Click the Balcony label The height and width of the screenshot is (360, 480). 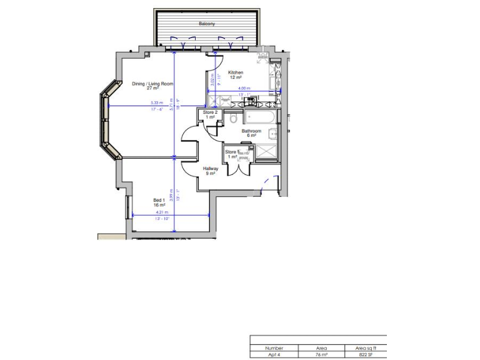click(x=207, y=24)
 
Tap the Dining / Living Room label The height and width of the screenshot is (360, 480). click(x=152, y=84)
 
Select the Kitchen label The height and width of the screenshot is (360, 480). click(x=236, y=72)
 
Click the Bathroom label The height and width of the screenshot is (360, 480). click(x=251, y=131)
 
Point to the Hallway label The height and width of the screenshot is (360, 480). click(x=209, y=169)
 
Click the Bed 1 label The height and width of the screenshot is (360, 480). click(x=159, y=201)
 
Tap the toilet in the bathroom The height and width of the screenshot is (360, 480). click(x=232, y=118)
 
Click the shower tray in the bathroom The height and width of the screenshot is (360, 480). click(x=267, y=151)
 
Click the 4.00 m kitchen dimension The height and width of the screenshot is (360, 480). click(x=243, y=89)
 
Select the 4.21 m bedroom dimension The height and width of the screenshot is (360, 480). click(x=161, y=212)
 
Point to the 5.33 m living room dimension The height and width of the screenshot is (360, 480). click(x=156, y=103)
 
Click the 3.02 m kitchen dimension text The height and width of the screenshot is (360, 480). click(x=212, y=79)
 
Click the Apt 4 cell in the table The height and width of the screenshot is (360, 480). click(x=274, y=354)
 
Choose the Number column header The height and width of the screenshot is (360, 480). click(x=274, y=348)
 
